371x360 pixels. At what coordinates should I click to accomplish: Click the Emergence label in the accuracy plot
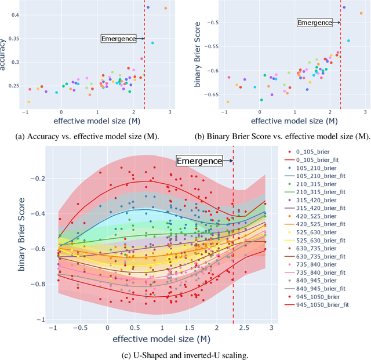118,39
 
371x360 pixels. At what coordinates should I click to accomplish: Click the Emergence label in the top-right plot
315,23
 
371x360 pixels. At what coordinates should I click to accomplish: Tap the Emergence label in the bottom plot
199,161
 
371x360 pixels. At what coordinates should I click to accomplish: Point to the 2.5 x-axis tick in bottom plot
242,328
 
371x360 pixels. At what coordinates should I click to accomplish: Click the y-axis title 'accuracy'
4,54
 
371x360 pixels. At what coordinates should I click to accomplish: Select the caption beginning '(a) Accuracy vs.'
93,136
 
